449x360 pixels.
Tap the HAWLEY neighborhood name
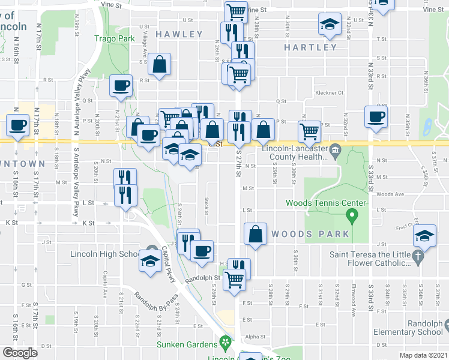pyautogui.click(x=179, y=35)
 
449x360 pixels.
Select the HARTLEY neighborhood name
pyautogui.click(x=310, y=47)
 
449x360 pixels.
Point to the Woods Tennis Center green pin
pyautogui.click(x=353, y=214)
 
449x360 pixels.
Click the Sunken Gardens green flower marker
pyautogui.click(x=225, y=344)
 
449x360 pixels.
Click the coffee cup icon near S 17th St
pyautogui.click(x=18, y=125)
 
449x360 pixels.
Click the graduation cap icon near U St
pyautogui.click(x=328, y=25)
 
